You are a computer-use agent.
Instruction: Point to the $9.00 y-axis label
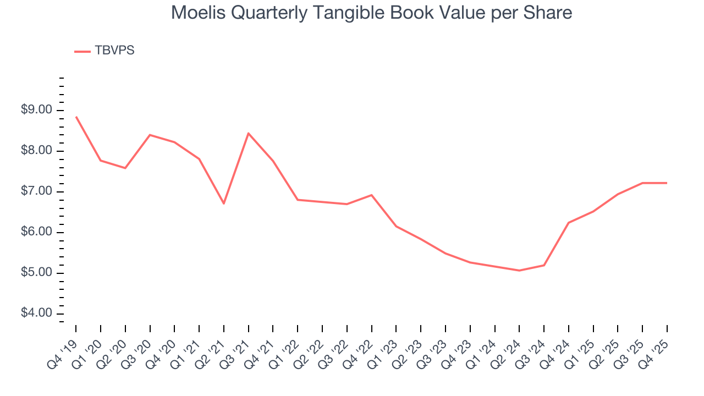(37, 110)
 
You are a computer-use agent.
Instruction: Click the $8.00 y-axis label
(37, 151)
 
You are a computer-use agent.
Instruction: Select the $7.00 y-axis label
(37, 191)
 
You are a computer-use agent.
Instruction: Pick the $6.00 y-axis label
(37, 232)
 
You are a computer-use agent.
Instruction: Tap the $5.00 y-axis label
(37, 273)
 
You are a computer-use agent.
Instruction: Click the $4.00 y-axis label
(37, 313)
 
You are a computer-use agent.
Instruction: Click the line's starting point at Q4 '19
(76, 117)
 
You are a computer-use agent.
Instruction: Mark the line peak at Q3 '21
(249, 133)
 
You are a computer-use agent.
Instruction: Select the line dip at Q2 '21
(224, 204)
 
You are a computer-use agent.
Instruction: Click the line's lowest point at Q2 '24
(519, 271)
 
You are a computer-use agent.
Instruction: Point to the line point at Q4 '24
(569, 223)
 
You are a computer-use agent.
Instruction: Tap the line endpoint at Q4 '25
(667, 183)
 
